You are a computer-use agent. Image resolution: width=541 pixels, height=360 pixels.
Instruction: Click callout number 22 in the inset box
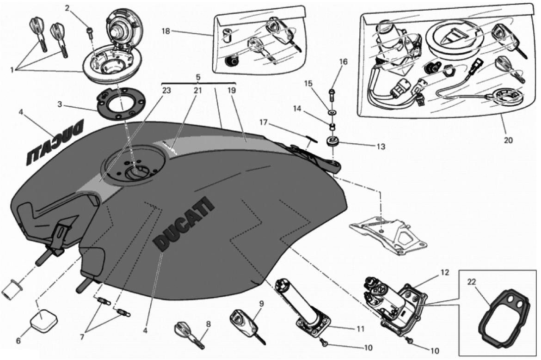coord(471,282)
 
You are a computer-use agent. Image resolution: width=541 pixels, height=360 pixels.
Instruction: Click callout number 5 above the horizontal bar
coord(197,76)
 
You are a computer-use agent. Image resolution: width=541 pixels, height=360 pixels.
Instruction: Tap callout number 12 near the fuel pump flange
coord(444,273)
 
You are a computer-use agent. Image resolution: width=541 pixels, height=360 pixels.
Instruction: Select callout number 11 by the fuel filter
coord(360,329)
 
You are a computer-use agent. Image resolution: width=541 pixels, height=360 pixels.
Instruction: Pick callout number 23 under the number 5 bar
coord(166,91)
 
